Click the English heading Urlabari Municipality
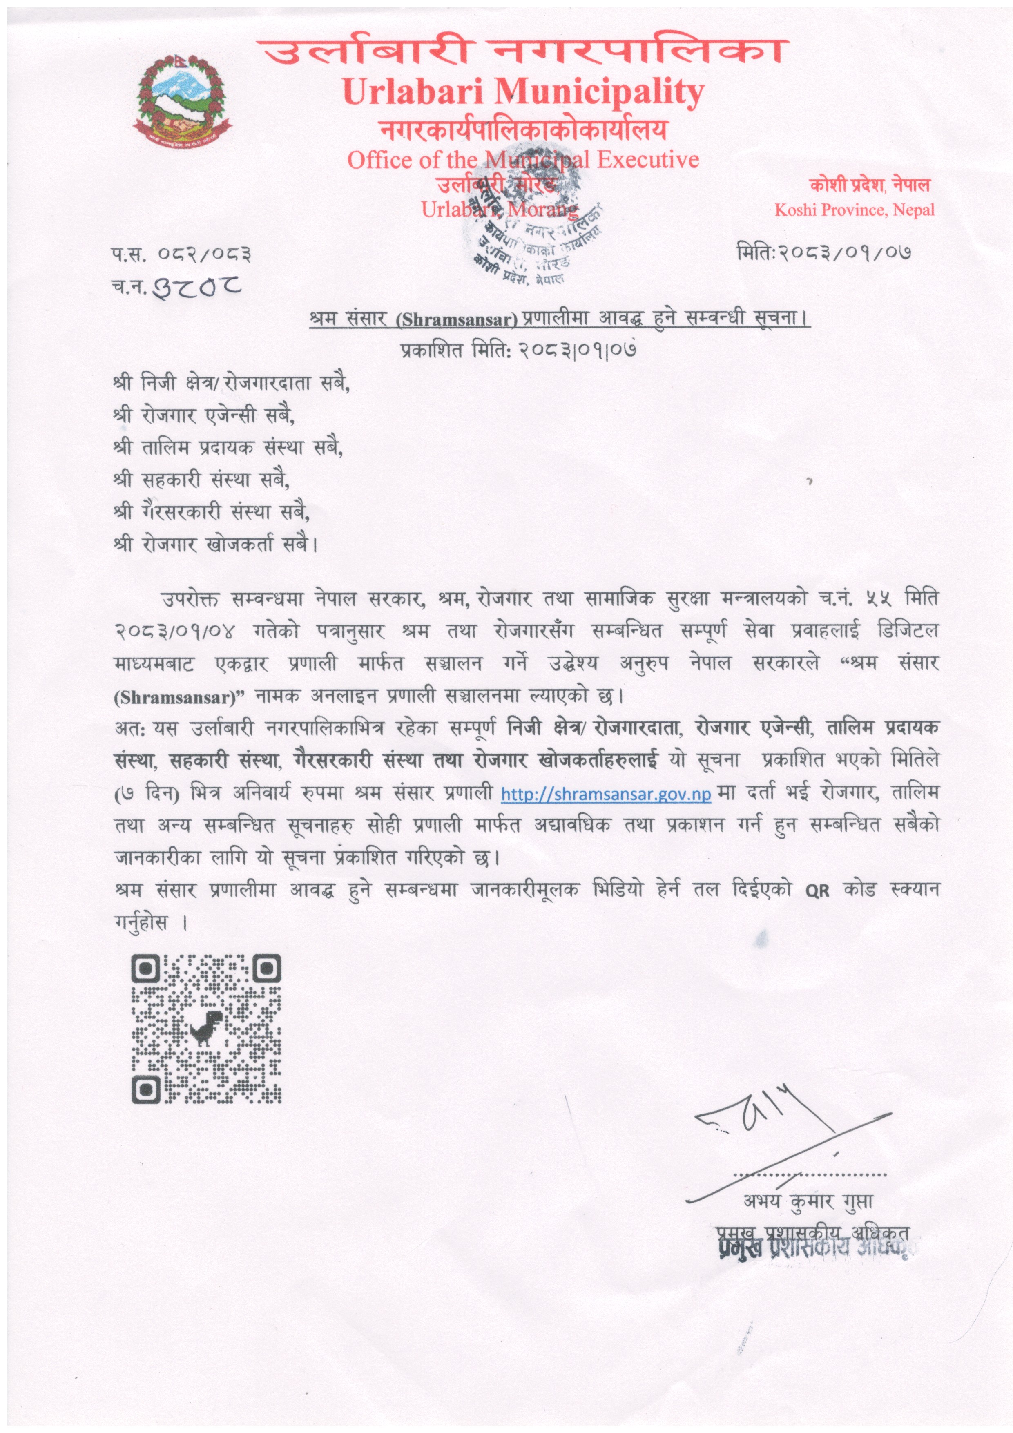click(x=523, y=92)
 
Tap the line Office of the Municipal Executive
click(x=523, y=160)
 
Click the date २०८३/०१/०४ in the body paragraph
click(x=176, y=631)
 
